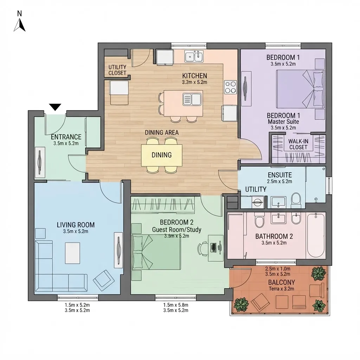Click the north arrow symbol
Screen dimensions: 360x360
click(x=20, y=25)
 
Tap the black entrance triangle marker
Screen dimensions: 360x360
click(x=55, y=107)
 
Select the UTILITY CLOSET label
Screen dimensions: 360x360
click(x=117, y=70)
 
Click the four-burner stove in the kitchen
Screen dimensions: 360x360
click(x=231, y=87)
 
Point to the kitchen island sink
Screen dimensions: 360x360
click(x=192, y=99)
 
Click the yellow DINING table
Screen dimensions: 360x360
click(x=162, y=155)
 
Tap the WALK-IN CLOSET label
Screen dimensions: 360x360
click(x=298, y=144)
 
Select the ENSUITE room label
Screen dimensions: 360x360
click(x=279, y=175)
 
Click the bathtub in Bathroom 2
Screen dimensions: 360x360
click(x=316, y=235)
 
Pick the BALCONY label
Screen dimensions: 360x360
click(x=282, y=282)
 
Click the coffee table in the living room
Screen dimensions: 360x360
click(x=72, y=253)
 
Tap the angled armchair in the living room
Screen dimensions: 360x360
click(x=104, y=280)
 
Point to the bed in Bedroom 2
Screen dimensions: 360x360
click(x=156, y=252)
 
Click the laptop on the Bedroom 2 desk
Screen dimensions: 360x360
click(x=213, y=247)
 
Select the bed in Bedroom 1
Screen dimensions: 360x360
click(x=300, y=89)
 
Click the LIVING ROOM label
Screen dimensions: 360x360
click(x=76, y=225)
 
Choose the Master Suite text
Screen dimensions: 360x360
click(x=283, y=122)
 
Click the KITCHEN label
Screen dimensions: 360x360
click(x=194, y=76)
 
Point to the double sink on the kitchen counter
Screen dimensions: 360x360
click(x=194, y=56)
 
